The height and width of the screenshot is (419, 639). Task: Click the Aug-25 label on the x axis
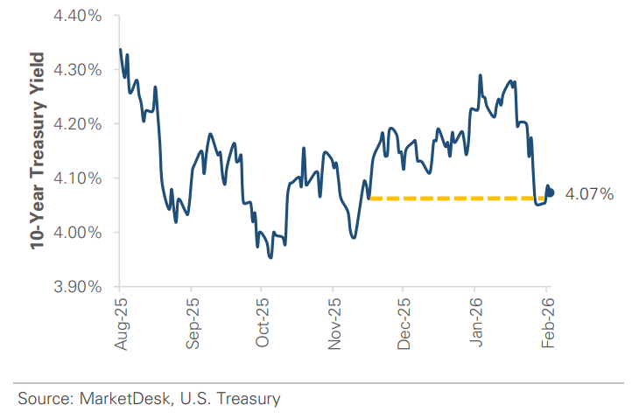(120, 324)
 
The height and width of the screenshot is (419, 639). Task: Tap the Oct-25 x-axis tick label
(262, 324)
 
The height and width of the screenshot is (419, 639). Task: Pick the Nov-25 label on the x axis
(333, 324)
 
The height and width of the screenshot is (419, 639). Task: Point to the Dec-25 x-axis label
(404, 324)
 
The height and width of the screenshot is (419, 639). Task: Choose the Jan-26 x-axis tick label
(474, 324)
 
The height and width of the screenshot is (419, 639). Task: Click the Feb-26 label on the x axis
(547, 324)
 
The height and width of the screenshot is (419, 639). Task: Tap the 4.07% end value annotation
(590, 194)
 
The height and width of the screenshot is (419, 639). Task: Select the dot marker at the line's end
(550, 192)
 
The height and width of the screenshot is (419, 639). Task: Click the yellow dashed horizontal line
(451, 199)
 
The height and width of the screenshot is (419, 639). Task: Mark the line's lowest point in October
(270, 257)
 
